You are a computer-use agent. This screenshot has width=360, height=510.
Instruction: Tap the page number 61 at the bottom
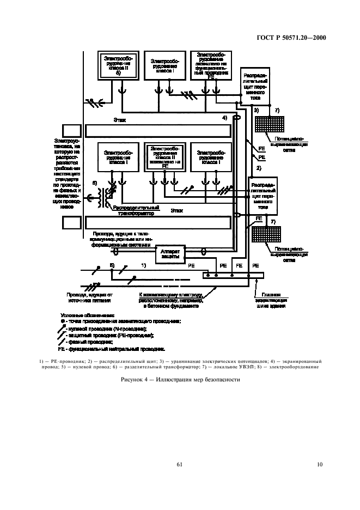[x=179, y=464]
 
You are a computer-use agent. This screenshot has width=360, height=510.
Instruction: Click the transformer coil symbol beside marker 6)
[x=103, y=196]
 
